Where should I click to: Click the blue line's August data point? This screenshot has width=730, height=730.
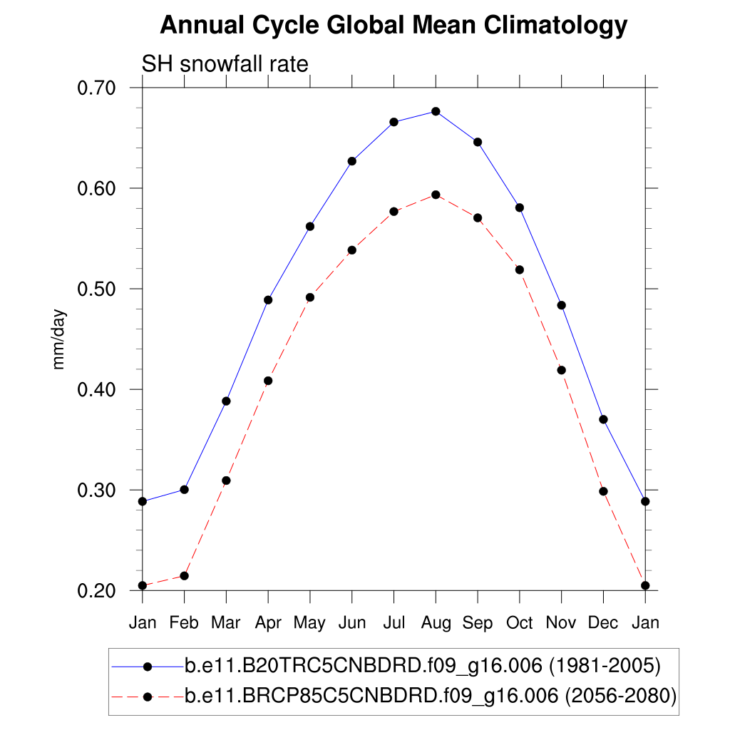436,111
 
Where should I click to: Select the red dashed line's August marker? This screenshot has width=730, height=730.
436,195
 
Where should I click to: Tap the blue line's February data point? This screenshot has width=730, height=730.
184,490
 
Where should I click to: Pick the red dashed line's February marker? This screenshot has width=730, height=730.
184,575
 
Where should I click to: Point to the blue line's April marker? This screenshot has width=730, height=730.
268,299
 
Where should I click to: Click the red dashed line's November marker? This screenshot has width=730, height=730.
561,370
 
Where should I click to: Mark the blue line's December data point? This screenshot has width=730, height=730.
603,419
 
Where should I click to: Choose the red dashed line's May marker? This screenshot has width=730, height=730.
310,297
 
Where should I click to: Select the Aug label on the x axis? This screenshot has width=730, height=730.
436,623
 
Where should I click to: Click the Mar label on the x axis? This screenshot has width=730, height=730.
226,623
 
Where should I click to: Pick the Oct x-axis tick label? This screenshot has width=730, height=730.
520,623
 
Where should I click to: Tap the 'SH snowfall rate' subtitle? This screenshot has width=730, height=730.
225,64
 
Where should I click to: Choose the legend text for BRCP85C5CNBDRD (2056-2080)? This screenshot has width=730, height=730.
430,696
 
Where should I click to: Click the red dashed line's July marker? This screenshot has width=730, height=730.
394,212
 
